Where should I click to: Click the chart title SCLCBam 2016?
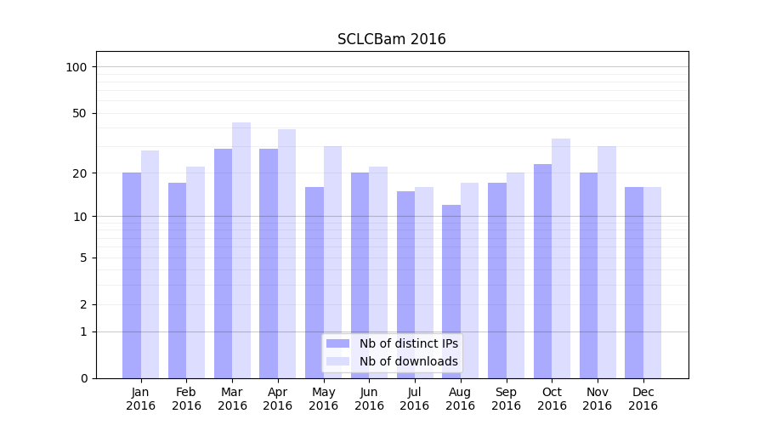tap(391, 39)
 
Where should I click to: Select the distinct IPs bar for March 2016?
tap(223, 263)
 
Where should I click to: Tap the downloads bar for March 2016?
tap(241, 251)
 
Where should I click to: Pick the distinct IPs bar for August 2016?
tap(451, 292)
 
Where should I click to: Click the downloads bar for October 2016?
tap(561, 258)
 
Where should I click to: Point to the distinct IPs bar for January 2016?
tap(132, 275)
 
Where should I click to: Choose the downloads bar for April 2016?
tap(287, 254)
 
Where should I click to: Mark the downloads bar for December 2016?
tap(652, 282)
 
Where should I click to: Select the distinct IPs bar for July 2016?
tap(405, 285)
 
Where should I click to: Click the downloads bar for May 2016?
tap(332, 262)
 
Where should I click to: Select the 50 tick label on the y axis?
tap(80, 113)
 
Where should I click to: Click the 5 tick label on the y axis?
tap(83, 258)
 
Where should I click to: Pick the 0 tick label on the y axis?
tap(83, 378)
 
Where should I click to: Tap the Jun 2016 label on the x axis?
tap(369, 399)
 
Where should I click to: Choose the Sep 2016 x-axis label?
tap(506, 399)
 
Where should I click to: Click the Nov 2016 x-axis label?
tap(598, 399)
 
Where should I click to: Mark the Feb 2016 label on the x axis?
tap(186, 399)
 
